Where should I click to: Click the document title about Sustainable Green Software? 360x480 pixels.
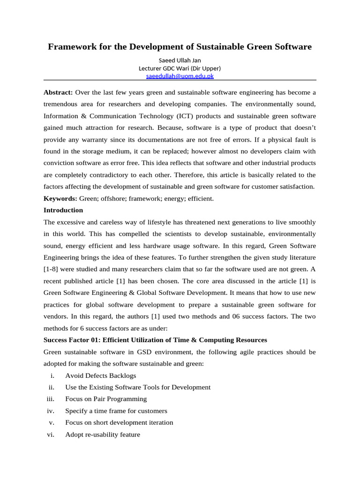pos(180,47)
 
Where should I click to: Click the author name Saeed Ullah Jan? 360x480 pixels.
pos(180,60)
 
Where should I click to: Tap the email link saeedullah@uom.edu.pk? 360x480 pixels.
pos(180,75)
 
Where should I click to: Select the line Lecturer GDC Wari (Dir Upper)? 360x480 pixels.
pos(180,68)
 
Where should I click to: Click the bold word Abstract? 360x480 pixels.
pos(58,92)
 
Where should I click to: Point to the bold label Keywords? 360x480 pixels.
pos(60,198)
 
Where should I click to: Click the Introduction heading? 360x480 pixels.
pos(63,210)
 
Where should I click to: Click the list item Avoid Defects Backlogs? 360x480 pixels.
pos(101,375)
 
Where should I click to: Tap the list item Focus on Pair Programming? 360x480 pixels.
pos(106,399)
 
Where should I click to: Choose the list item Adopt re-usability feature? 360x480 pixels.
pos(103,435)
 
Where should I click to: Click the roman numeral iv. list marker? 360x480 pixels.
pos(51,411)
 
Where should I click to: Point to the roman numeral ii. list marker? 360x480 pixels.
pos(52,387)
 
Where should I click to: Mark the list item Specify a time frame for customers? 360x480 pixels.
pos(116,411)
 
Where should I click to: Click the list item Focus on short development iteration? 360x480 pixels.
pos(119,422)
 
